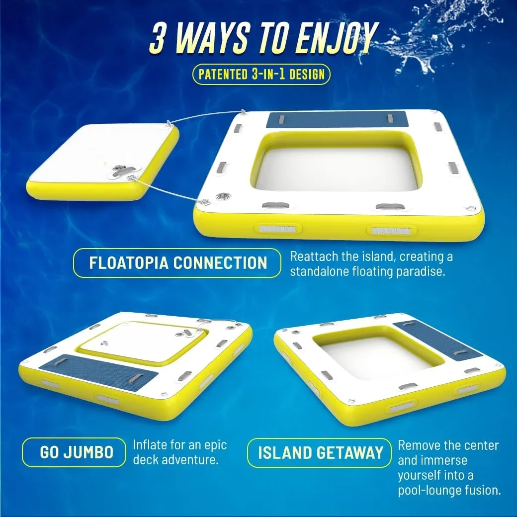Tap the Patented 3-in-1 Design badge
[x=261, y=75]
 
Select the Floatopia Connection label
[x=177, y=263]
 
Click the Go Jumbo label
[x=74, y=452]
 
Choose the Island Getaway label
[x=320, y=452]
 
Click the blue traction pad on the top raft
[x=338, y=119]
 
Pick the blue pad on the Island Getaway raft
[x=438, y=340]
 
